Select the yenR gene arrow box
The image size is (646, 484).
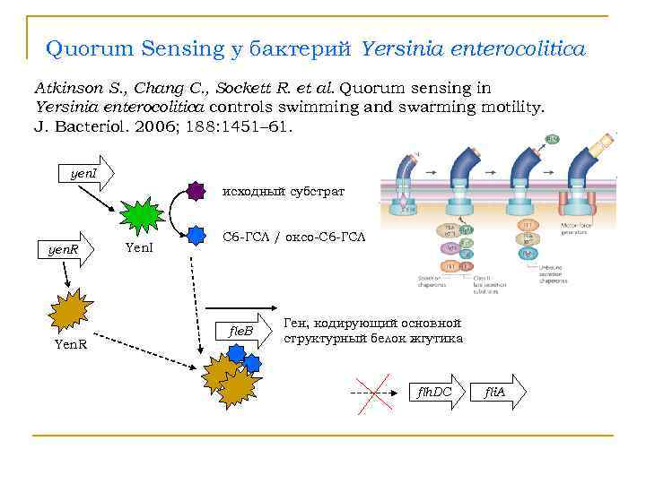pyautogui.click(x=68, y=250)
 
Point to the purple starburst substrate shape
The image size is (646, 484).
pyautogui.click(x=196, y=191)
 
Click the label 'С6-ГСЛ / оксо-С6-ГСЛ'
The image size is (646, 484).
pyautogui.click(x=293, y=237)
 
